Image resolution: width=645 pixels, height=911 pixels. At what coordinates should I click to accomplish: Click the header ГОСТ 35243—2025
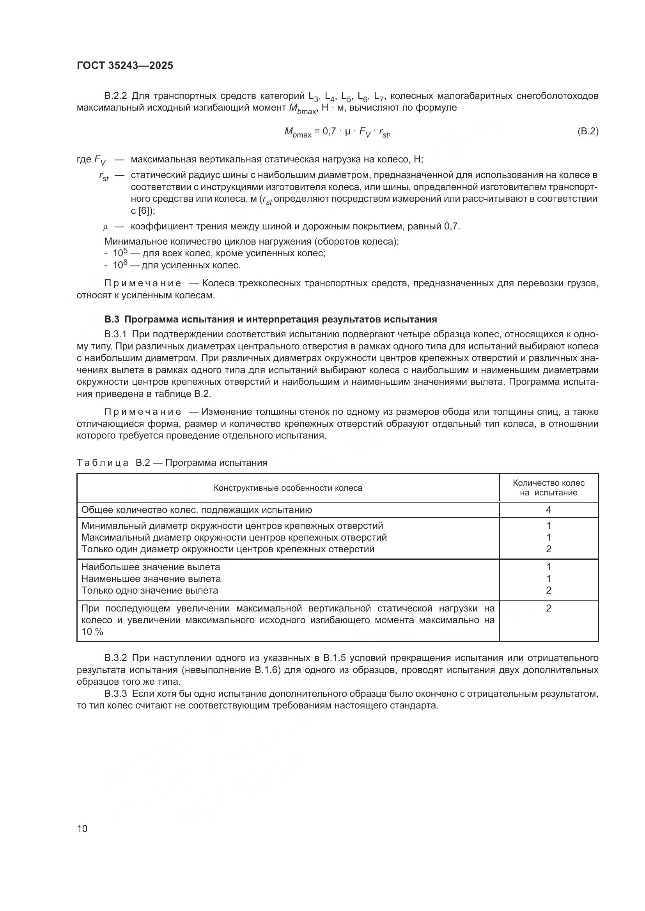125,65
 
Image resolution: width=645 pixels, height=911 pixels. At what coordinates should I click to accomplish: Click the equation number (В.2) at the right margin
587,131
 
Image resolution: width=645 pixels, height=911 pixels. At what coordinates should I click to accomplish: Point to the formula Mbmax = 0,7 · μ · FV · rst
338,132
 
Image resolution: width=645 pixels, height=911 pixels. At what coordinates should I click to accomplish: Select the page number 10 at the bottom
82,828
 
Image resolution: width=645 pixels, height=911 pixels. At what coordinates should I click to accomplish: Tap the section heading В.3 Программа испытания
271,319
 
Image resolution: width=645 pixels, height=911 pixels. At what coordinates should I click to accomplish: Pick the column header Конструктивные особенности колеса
287,488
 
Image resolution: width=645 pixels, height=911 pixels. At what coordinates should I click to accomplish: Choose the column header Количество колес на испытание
549,488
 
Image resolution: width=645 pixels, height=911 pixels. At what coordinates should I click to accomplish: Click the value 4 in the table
549,509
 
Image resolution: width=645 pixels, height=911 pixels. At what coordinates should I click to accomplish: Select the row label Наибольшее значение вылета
151,567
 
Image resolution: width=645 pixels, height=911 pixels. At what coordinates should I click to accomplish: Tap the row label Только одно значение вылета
150,590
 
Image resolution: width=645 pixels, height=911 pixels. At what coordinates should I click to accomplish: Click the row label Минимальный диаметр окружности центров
232,526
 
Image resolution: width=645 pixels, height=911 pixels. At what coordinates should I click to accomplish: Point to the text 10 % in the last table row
92,632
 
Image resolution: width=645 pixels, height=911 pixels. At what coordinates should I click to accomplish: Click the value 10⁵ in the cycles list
120,253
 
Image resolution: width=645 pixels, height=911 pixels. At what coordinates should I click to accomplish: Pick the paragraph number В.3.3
115,694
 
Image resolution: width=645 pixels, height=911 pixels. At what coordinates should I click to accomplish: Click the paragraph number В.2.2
115,96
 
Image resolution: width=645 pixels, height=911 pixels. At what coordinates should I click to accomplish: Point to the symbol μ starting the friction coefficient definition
106,227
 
